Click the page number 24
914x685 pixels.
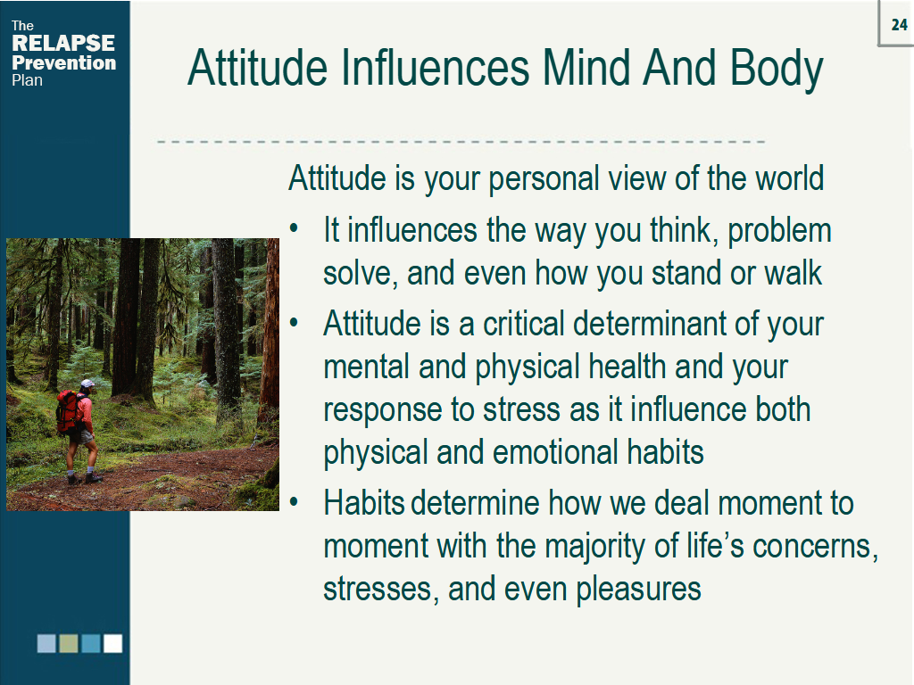coord(899,25)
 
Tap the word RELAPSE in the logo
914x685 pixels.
coord(63,44)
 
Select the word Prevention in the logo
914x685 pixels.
coord(63,62)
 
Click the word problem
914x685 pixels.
coord(779,231)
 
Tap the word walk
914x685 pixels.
coord(792,274)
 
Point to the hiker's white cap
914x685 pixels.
coord(87,384)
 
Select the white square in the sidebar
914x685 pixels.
coord(112,644)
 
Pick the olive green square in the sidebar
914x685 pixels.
coord(69,644)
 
